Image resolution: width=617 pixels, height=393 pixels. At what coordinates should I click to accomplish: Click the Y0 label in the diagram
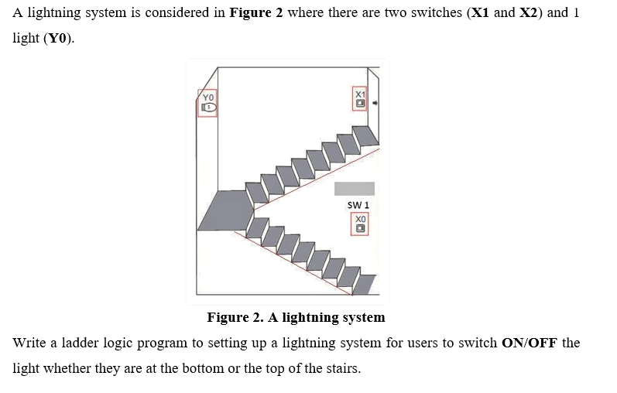click(207, 97)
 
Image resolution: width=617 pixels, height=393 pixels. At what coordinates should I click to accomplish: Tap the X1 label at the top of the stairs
click(359, 94)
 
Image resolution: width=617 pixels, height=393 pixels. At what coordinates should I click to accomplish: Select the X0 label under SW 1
click(360, 220)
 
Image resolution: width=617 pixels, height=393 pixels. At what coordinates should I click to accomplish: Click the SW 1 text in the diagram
click(358, 205)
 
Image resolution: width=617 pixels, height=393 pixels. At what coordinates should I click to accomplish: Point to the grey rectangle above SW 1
click(355, 188)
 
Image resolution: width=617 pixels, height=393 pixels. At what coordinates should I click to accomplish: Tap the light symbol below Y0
click(207, 109)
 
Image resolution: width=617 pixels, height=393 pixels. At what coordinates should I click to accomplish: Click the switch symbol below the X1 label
click(359, 104)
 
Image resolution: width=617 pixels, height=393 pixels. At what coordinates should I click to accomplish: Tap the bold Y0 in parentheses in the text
click(59, 39)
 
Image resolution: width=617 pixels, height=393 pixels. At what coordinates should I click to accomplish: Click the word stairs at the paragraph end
click(341, 368)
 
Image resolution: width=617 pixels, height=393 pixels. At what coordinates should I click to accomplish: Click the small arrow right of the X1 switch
click(375, 102)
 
